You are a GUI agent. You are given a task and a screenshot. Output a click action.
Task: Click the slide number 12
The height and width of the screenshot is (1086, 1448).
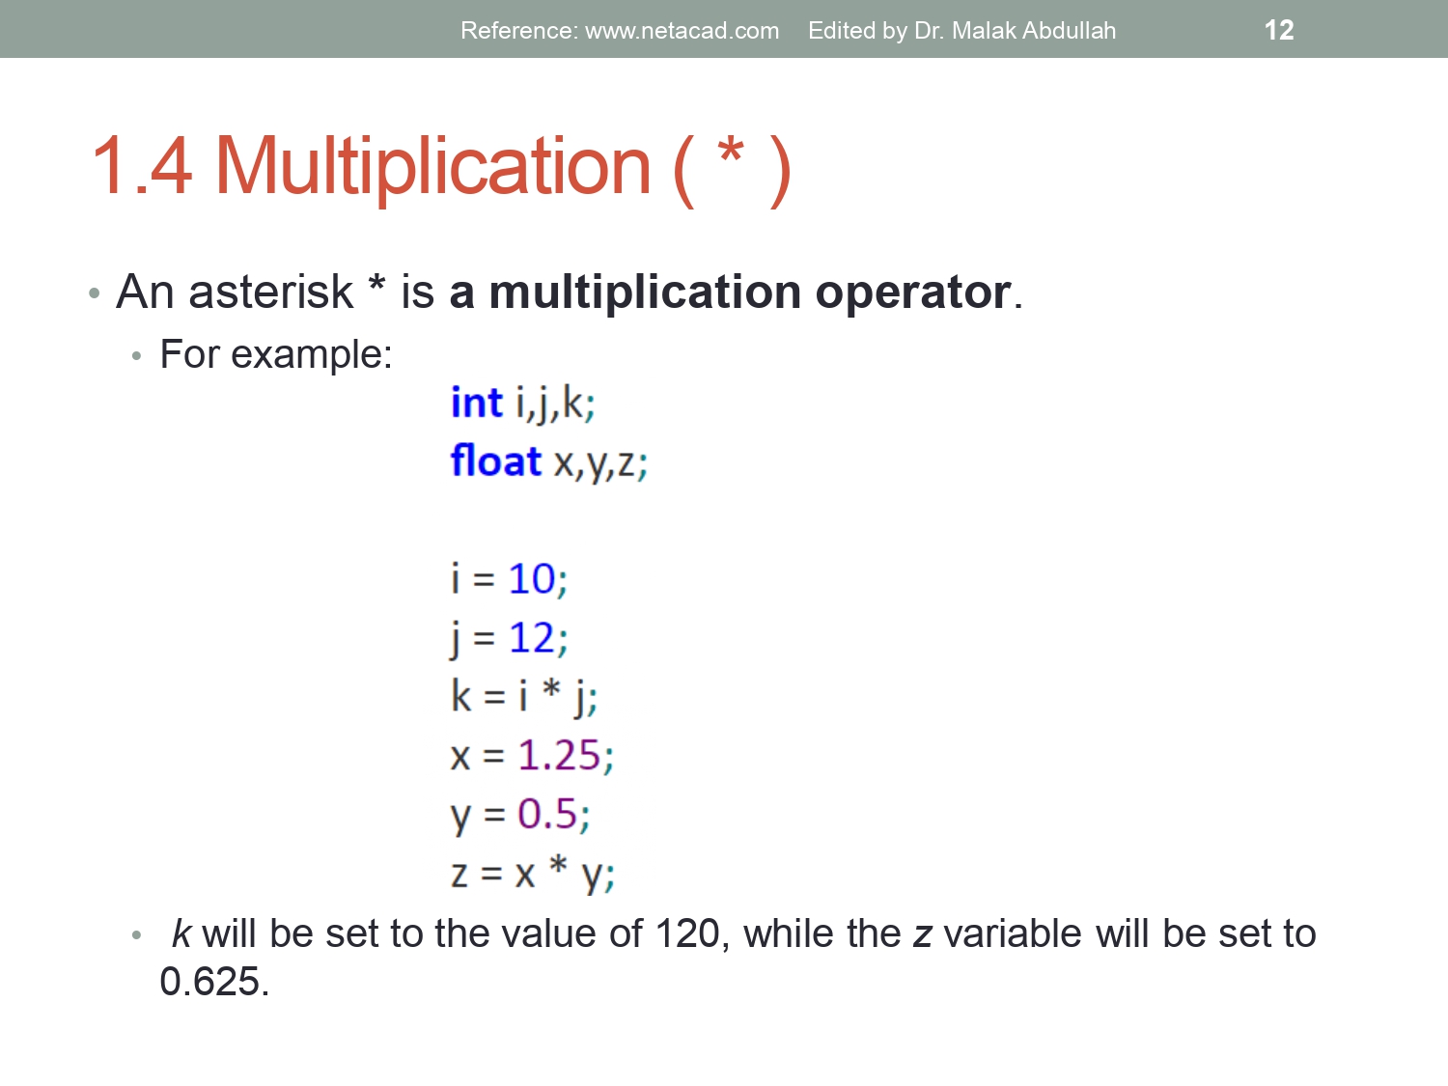coord(1278,30)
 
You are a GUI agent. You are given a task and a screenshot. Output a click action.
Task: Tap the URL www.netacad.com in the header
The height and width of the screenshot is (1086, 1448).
coord(682,31)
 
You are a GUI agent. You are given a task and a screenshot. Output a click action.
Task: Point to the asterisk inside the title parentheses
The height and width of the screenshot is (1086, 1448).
coord(731,153)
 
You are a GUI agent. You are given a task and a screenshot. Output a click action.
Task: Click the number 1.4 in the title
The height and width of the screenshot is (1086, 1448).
coord(141,166)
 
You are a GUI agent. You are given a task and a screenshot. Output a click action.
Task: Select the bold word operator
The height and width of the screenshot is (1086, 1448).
coord(912,292)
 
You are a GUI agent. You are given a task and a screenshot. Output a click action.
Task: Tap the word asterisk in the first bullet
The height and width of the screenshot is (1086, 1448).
coord(271,292)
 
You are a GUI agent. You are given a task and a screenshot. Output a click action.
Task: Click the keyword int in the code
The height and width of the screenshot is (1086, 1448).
coord(476,403)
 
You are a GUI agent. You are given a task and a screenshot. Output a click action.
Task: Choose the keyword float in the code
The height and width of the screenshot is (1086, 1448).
coord(495,461)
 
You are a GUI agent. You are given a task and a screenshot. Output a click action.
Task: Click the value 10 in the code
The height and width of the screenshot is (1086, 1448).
coord(531,579)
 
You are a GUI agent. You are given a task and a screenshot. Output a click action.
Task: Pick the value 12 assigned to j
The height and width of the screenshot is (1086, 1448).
coord(531,638)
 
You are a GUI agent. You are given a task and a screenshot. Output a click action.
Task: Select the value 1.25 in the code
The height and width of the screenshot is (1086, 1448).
coord(559,756)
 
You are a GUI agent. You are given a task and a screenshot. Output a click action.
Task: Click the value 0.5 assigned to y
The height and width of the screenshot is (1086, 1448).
coord(546,815)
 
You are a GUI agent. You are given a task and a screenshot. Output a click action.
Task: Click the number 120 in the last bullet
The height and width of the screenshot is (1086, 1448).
coord(687,933)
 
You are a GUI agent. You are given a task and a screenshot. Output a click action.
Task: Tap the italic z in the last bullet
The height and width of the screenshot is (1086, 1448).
coord(922,934)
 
